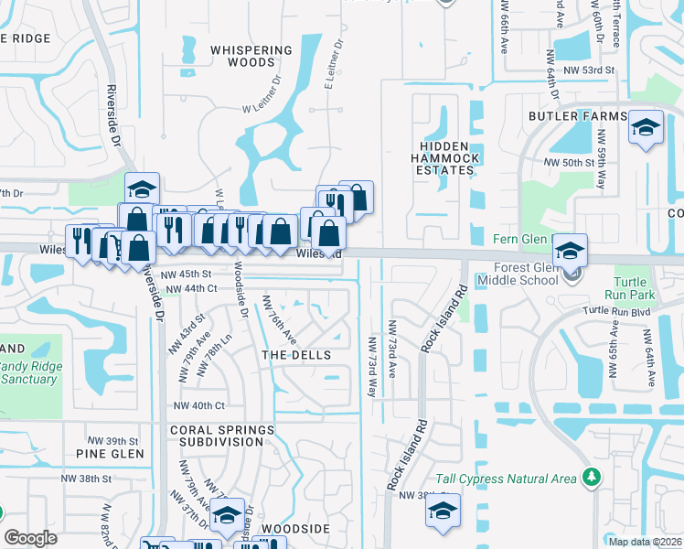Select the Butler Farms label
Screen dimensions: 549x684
point(578,117)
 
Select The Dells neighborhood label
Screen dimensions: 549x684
point(294,354)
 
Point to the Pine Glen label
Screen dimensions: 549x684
point(111,454)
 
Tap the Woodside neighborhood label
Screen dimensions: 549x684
point(294,529)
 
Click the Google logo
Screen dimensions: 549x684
point(31,538)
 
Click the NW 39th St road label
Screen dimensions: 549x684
point(112,440)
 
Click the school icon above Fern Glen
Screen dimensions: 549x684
point(569,250)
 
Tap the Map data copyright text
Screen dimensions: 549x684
point(646,542)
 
